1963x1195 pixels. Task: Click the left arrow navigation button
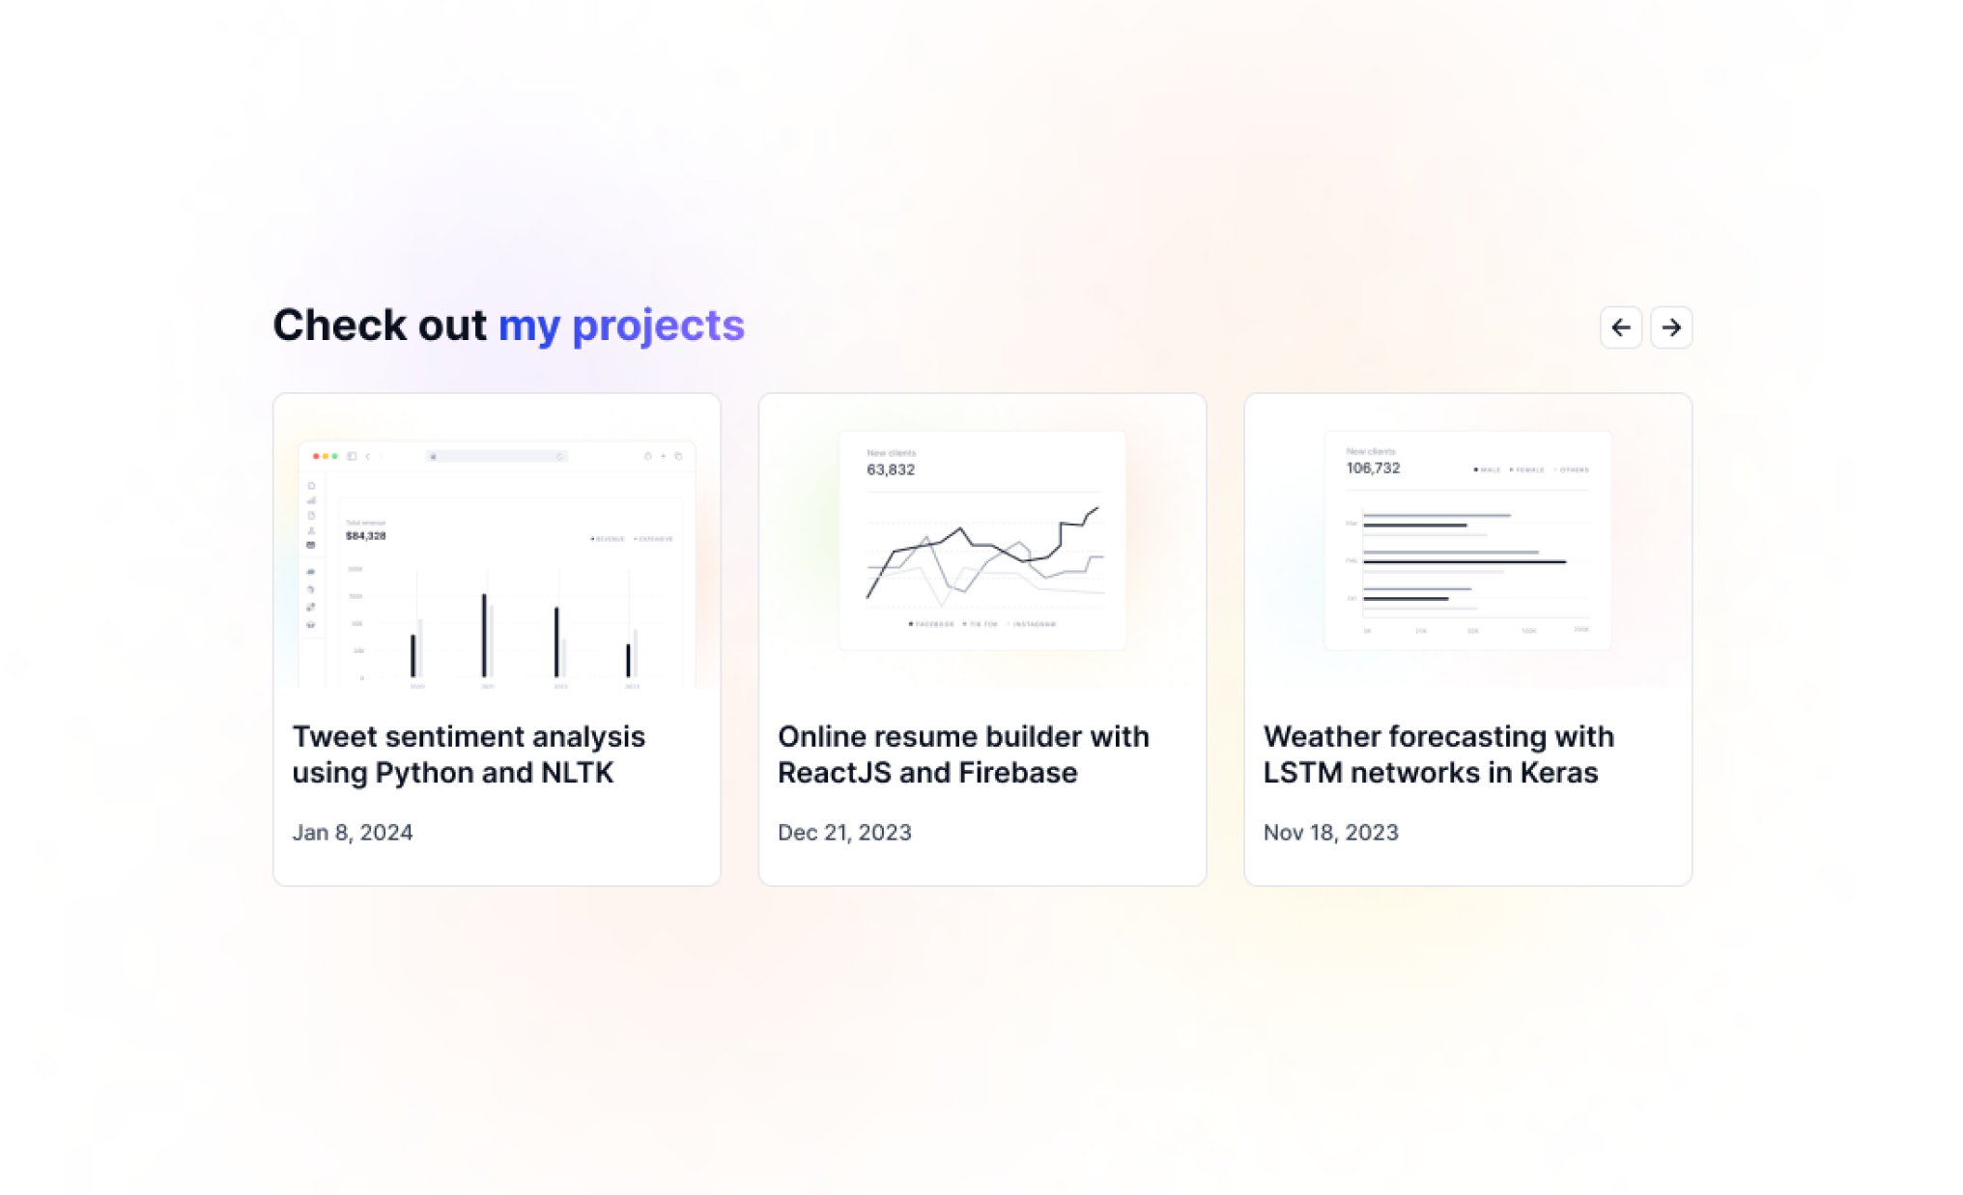[1620, 327]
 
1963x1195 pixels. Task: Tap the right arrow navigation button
[1670, 327]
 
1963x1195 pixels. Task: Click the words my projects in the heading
[621, 325]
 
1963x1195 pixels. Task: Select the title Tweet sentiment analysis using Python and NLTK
[469, 754]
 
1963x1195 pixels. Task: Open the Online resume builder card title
[963, 754]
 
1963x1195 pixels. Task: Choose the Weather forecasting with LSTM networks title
[1437, 754]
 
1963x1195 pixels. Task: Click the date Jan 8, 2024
[353, 833]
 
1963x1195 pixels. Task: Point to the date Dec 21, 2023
[844, 833]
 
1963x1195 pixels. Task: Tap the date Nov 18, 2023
[1330, 833]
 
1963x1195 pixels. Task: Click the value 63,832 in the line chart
[890, 469]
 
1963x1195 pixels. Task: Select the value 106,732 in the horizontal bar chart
[1373, 469]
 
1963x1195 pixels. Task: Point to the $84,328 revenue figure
[365, 536]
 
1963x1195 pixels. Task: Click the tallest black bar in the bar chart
[484, 635]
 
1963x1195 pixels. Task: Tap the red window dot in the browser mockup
[316, 456]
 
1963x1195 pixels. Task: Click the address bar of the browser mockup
[497, 456]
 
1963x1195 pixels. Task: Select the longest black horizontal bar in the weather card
[1464, 561]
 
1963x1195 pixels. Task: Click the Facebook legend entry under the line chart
[932, 624]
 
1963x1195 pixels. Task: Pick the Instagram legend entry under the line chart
[1033, 624]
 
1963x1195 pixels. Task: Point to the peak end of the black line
[1096, 508]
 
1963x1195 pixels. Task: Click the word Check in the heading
[339, 325]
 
